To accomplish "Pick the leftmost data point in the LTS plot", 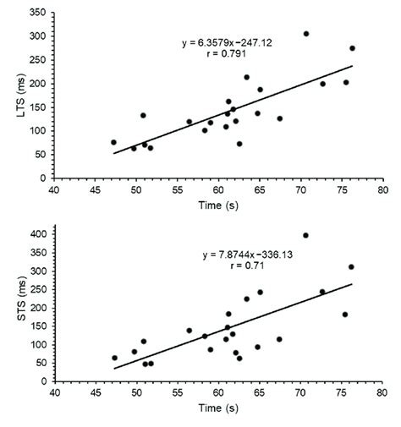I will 113,142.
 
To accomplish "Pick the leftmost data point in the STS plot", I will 114,358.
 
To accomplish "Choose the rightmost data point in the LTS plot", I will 352,48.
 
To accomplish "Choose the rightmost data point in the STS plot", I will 351,267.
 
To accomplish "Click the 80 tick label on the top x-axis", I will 383,189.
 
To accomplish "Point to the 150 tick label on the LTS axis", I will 36,108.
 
